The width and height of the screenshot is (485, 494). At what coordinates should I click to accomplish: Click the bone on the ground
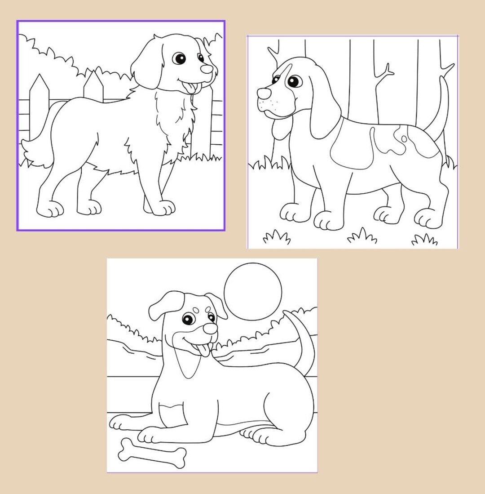pyautogui.click(x=152, y=454)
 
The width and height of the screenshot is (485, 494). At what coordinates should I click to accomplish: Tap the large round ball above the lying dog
pyautogui.click(x=253, y=291)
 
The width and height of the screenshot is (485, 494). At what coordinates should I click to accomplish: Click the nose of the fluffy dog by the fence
pyautogui.click(x=207, y=69)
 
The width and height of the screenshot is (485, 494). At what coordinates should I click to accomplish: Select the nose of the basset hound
pyautogui.click(x=264, y=93)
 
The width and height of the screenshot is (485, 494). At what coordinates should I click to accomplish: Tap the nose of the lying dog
pyautogui.click(x=210, y=329)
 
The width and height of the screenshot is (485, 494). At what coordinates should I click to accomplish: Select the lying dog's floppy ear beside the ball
pyautogui.click(x=217, y=306)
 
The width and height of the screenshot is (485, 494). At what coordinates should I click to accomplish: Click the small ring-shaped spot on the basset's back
pyautogui.click(x=404, y=139)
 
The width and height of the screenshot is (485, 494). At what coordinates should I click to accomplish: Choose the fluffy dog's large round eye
pyautogui.click(x=179, y=58)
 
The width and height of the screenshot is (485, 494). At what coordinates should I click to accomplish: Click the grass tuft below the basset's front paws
pyautogui.click(x=276, y=236)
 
